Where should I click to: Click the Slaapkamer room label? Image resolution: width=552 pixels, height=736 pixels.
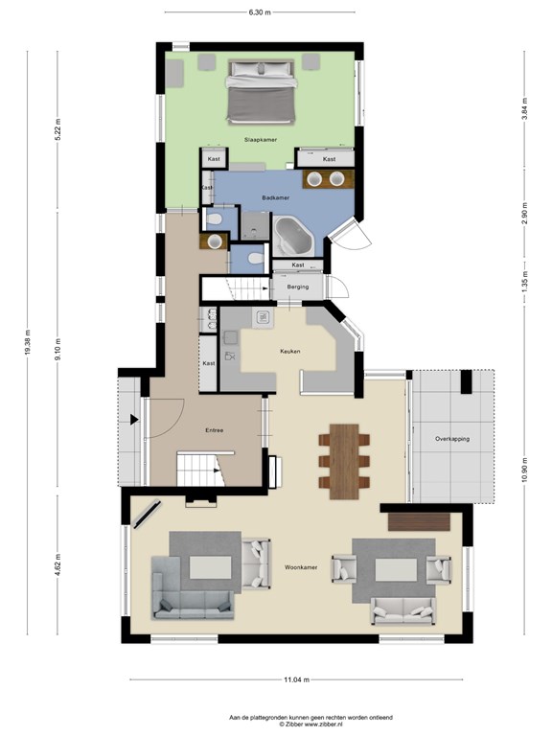pyautogui.click(x=260, y=140)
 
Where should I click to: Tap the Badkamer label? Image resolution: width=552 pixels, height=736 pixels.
pyautogui.click(x=276, y=198)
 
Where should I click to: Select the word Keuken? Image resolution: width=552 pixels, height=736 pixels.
pyautogui.click(x=290, y=352)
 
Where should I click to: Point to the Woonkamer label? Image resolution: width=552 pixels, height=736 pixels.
pyautogui.click(x=301, y=567)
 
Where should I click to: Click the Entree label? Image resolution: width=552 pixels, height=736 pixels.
pyautogui.click(x=214, y=430)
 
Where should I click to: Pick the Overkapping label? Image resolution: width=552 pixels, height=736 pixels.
pyautogui.click(x=452, y=439)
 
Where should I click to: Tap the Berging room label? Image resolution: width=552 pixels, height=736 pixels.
pyautogui.click(x=298, y=287)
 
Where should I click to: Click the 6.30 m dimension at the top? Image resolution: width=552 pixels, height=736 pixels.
pyautogui.click(x=260, y=12)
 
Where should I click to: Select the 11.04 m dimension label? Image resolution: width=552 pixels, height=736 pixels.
pyautogui.click(x=297, y=679)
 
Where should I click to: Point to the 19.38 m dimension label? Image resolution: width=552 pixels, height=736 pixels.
pyautogui.click(x=27, y=343)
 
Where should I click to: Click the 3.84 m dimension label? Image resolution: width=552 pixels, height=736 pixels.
pyautogui.click(x=525, y=108)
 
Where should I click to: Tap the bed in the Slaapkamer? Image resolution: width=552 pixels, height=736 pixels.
pyautogui.click(x=262, y=92)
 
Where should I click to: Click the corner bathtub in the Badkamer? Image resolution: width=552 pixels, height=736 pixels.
pyautogui.click(x=293, y=236)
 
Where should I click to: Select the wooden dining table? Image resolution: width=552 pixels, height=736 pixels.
pyautogui.click(x=344, y=461)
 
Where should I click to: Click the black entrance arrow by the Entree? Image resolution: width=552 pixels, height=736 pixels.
pyautogui.click(x=134, y=420)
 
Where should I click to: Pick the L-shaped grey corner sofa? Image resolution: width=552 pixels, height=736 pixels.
pyautogui.click(x=192, y=588)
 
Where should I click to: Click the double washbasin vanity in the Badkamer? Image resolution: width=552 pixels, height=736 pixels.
pyautogui.click(x=328, y=179)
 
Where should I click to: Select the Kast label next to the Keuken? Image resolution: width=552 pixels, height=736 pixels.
pyautogui.click(x=208, y=363)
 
